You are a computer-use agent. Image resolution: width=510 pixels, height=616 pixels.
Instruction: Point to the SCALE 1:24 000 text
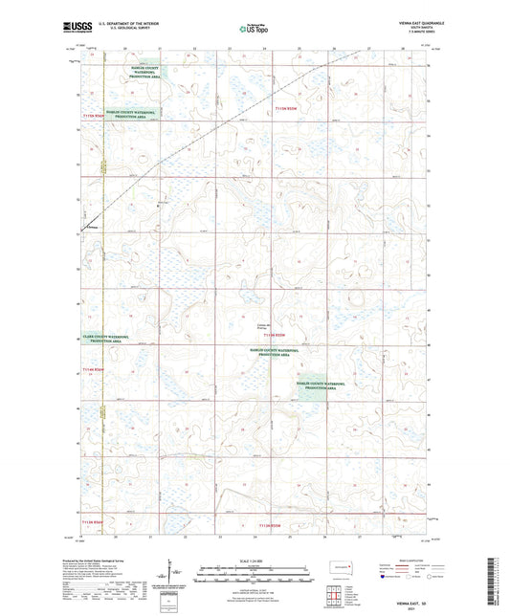pyautogui.click(x=254, y=560)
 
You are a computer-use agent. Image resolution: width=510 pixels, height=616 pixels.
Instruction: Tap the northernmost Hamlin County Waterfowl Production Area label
pyautogui.click(x=148, y=73)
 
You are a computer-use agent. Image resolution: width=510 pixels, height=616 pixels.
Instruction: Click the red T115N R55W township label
pyautogui.click(x=287, y=110)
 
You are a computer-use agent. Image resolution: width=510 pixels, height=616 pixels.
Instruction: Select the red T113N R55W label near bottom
pyautogui.click(x=275, y=524)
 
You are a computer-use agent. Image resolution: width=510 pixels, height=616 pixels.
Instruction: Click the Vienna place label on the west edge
pyautogui.click(x=92, y=227)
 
